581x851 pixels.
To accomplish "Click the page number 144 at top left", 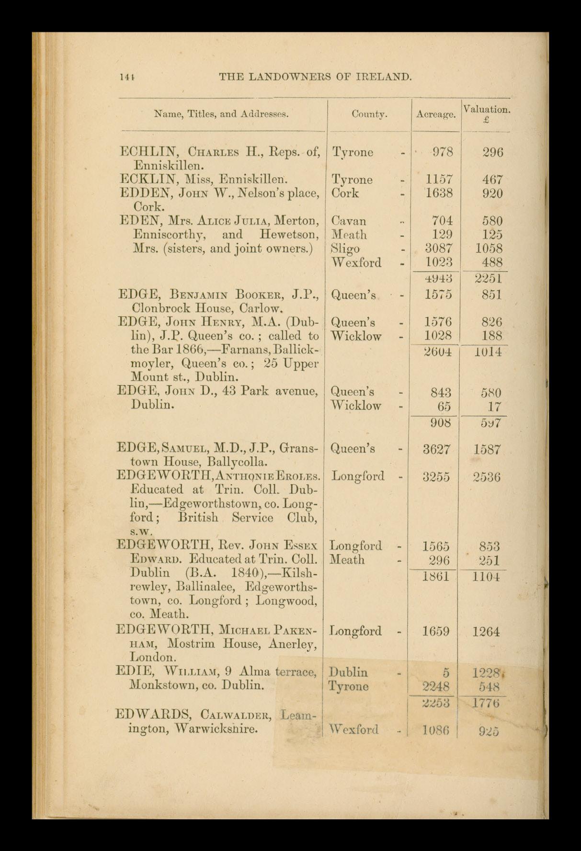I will tap(127, 77).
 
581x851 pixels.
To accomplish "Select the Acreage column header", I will tap(435, 114).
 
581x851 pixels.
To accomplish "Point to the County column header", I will tap(369, 114).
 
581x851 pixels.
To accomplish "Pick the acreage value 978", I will tap(442, 152).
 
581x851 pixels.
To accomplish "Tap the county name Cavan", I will tap(349, 221).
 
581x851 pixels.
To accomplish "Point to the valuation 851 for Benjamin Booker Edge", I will tap(492, 295).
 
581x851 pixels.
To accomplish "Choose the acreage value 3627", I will tap(436, 449).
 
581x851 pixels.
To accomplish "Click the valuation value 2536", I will tap(487, 477).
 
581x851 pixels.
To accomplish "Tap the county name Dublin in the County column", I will tap(349, 672).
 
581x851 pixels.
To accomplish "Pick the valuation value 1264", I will tap(487, 632).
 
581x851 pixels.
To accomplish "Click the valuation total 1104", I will tap(485, 577).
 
